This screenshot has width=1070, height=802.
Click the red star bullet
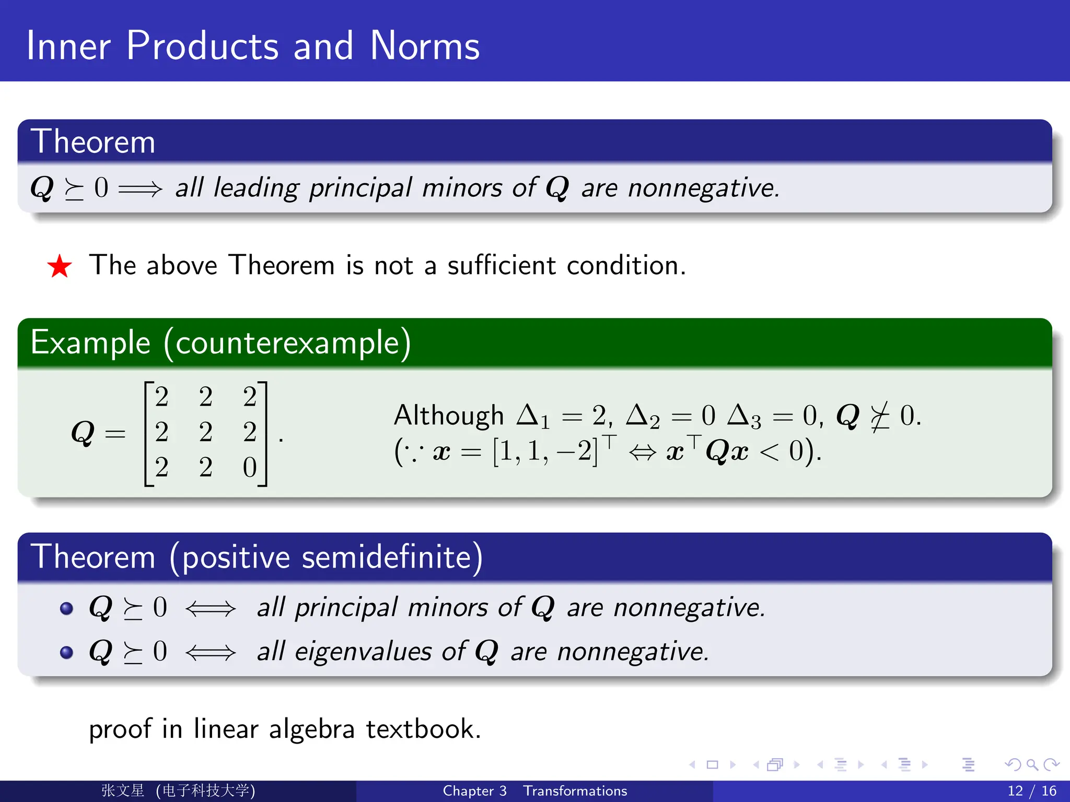coord(60,266)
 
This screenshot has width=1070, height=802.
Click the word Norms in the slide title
coord(424,46)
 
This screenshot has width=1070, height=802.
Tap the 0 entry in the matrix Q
coord(250,467)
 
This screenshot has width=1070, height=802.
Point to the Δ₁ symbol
coord(533,417)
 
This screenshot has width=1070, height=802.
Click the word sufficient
coord(502,265)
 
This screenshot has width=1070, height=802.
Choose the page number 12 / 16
coord(1031,791)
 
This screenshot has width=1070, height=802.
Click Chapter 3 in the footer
coord(474,791)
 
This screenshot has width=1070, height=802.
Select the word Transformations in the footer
coord(575,791)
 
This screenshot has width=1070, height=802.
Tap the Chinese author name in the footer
coord(123,791)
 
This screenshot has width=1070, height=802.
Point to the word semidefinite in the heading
coord(387,557)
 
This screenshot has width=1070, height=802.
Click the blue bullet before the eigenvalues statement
coord(66,652)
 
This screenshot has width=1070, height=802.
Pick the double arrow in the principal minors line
coord(211,608)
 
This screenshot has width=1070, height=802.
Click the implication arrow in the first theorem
coord(140,188)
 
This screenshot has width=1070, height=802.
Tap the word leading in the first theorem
coord(256,188)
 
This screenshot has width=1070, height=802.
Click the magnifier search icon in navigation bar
coord(1032,765)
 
